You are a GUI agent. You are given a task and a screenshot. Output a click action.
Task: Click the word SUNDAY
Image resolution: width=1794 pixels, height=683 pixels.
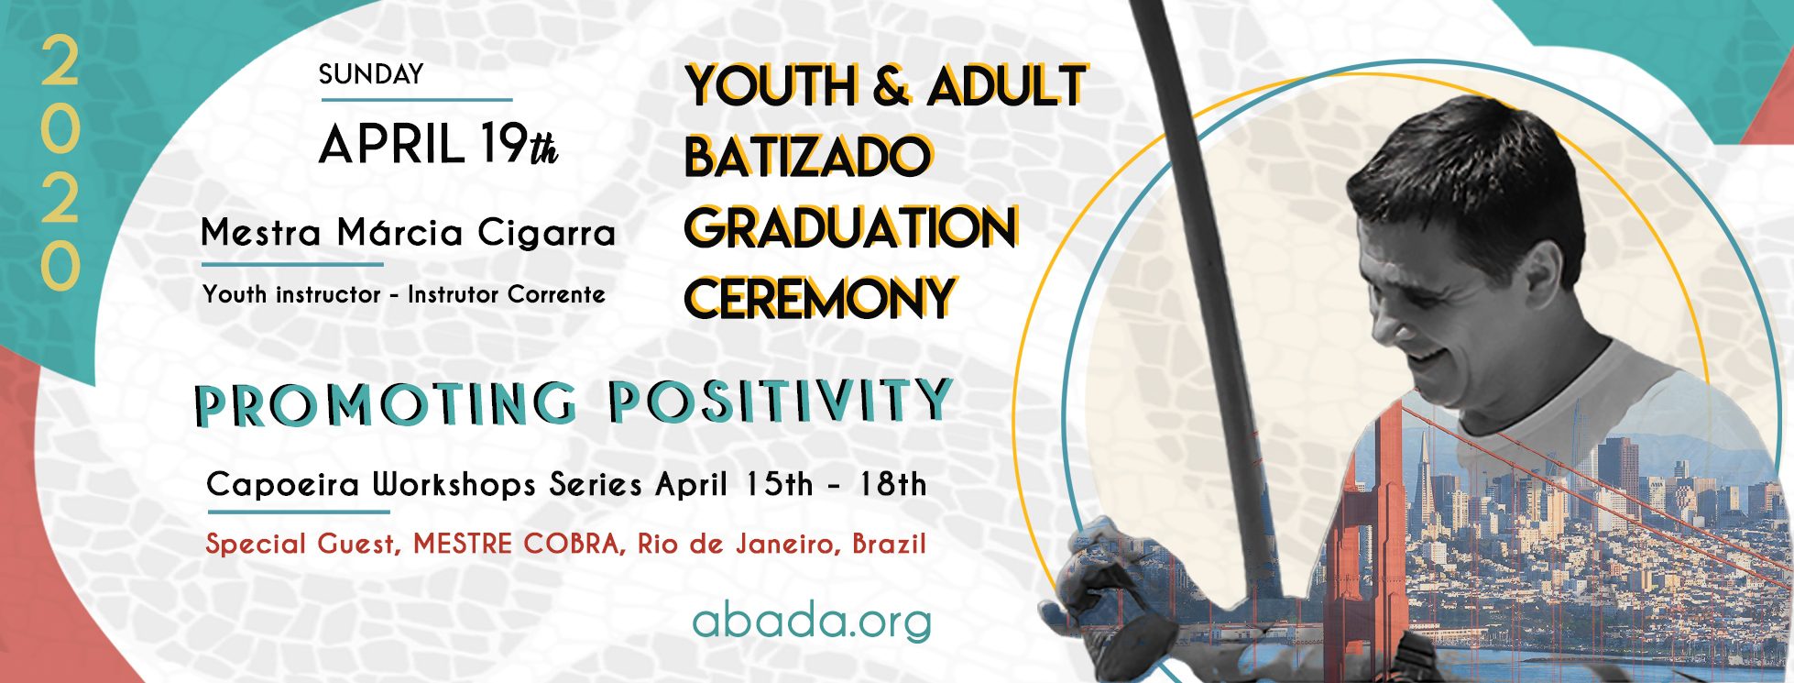371,74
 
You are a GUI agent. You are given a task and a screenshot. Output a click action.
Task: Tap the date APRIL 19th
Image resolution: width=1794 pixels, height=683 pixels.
439,145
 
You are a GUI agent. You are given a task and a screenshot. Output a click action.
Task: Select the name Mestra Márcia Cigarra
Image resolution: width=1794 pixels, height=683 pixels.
408,233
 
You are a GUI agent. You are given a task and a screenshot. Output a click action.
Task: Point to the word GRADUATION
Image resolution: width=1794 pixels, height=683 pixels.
851,227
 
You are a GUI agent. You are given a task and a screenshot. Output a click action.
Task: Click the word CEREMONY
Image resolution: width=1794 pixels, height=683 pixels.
821,298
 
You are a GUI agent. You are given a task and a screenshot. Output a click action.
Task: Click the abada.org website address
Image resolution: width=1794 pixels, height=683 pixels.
812,622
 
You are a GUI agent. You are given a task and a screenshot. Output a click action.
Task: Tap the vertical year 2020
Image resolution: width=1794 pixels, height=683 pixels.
60,163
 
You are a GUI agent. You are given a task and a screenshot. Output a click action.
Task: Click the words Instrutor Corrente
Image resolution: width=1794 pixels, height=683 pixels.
507,294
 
